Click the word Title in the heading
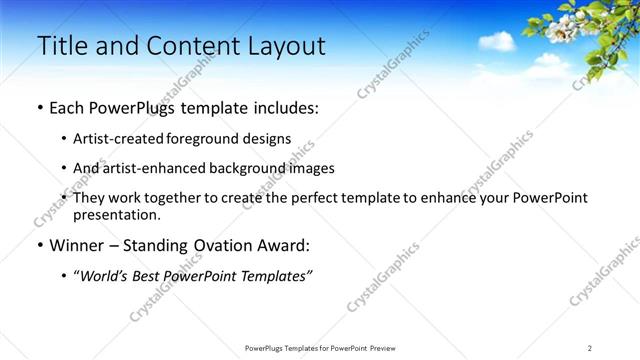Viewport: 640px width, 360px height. (x=61, y=45)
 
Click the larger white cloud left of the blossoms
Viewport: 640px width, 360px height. (x=496, y=41)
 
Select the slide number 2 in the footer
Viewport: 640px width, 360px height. (x=590, y=348)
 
